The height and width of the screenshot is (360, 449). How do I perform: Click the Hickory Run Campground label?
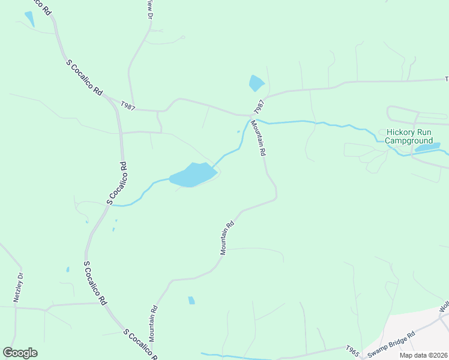409,136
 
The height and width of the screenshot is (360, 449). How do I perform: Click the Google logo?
20,353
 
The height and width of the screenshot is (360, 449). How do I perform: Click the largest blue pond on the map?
193,175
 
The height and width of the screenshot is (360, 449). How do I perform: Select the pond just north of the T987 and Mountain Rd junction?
256,83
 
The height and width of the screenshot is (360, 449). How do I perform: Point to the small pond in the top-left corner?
29,19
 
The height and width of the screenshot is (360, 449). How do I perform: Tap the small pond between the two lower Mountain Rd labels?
191,300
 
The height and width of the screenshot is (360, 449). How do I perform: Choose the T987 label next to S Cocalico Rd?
127,106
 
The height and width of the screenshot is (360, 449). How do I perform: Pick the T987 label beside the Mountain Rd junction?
259,107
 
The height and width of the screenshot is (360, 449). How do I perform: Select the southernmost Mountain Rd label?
154,324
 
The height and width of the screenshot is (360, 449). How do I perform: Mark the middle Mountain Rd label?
226,238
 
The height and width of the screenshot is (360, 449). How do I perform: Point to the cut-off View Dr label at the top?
149,8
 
